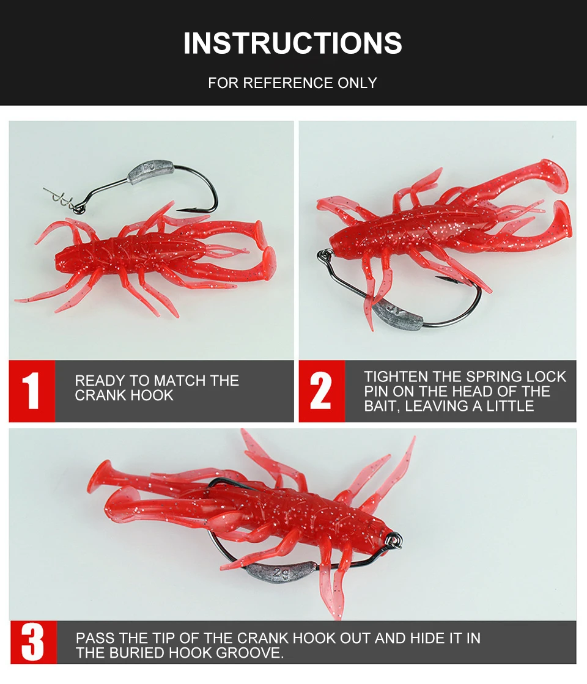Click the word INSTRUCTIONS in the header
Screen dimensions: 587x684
coord(292,43)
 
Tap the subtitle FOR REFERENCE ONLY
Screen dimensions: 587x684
coord(292,83)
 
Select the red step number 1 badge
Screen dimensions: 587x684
coord(32,391)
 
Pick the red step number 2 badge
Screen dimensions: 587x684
coord(322,391)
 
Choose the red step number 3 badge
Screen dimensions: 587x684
coord(33,642)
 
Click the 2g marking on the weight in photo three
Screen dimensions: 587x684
coord(281,573)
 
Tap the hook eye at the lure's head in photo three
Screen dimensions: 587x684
coord(394,541)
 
